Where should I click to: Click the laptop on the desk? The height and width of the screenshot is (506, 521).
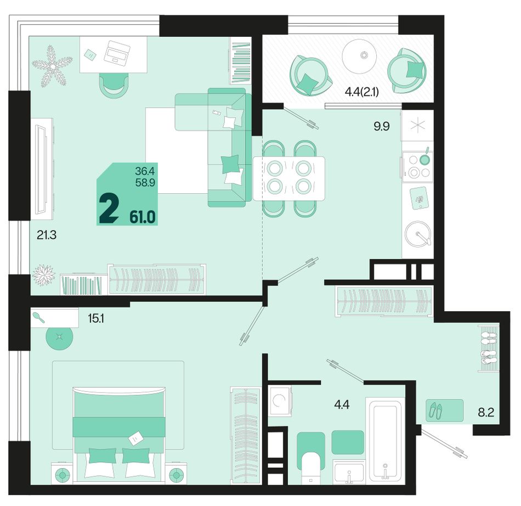[116, 52]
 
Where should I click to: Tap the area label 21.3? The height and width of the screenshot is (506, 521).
[47, 235]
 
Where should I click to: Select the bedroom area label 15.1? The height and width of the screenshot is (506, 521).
[96, 319]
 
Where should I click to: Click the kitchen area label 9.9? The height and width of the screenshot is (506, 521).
[382, 126]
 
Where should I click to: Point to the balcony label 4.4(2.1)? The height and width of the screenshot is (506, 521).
[362, 92]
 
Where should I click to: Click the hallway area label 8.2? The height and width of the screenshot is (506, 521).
[486, 413]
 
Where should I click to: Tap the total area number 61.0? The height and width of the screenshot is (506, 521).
[143, 217]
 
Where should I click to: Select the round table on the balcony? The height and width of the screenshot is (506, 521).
[360, 55]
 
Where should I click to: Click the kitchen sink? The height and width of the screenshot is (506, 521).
[418, 233]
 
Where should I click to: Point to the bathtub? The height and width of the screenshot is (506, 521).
[385, 440]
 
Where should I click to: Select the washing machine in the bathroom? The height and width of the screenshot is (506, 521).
[280, 401]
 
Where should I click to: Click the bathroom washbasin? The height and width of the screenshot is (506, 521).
[348, 472]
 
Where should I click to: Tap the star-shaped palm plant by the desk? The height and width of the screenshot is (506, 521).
[52, 66]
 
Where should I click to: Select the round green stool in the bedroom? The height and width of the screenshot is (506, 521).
[59, 337]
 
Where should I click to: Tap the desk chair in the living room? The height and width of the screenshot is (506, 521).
[114, 86]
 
